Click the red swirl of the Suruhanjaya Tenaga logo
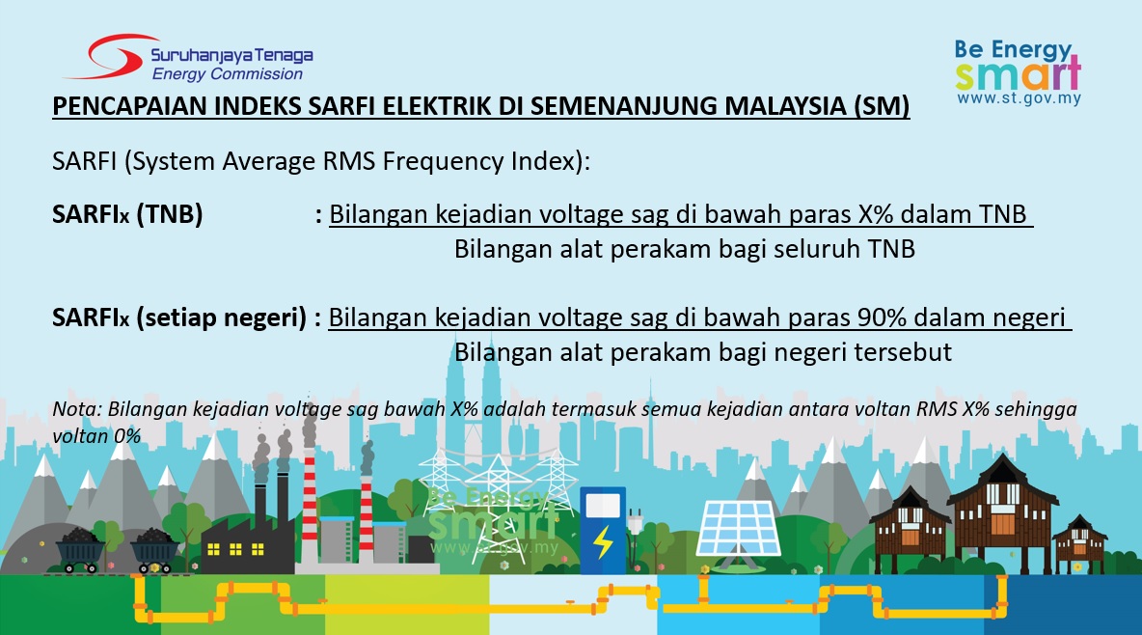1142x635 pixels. [x=109, y=57]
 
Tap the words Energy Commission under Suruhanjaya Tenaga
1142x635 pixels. [x=228, y=73]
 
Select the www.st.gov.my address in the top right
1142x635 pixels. [x=1019, y=98]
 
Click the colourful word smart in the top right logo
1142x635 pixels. [x=1019, y=74]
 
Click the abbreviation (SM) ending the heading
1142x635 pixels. [x=882, y=106]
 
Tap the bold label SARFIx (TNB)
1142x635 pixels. [x=127, y=214]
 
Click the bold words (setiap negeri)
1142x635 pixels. [x=222, y=317]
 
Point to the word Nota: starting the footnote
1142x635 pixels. [x=76, y=409]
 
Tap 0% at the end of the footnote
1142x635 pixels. [x=126, y=437]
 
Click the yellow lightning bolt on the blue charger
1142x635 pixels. [x=603, y=541]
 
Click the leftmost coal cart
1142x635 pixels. [x=81, y=550]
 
